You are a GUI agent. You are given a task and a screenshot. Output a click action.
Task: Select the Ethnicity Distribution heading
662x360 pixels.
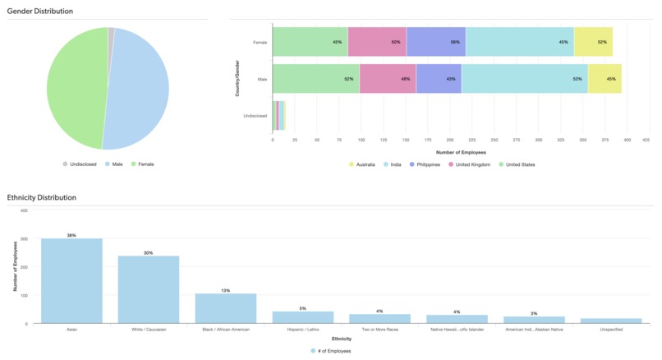coord(42,197)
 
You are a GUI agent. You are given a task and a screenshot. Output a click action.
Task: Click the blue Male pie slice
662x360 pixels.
coord(136,86)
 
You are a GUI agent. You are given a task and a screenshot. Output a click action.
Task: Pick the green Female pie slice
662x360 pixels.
coord(74,86)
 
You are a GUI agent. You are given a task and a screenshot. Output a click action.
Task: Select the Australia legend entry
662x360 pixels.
coord(361,164)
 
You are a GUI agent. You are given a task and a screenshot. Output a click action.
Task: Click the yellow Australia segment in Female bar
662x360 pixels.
coord(593,42)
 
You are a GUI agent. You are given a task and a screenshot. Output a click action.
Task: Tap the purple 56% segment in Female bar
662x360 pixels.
coord(435,42)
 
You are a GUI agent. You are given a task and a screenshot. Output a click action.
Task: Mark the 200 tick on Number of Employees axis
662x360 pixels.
coord(450,141)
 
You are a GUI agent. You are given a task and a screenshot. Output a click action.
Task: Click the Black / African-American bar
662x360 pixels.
coord(226,307)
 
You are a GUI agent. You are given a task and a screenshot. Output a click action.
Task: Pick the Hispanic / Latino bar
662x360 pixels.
coord(302,316)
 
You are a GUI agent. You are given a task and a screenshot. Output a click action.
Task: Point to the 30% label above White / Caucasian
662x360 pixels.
coord(149,252)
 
